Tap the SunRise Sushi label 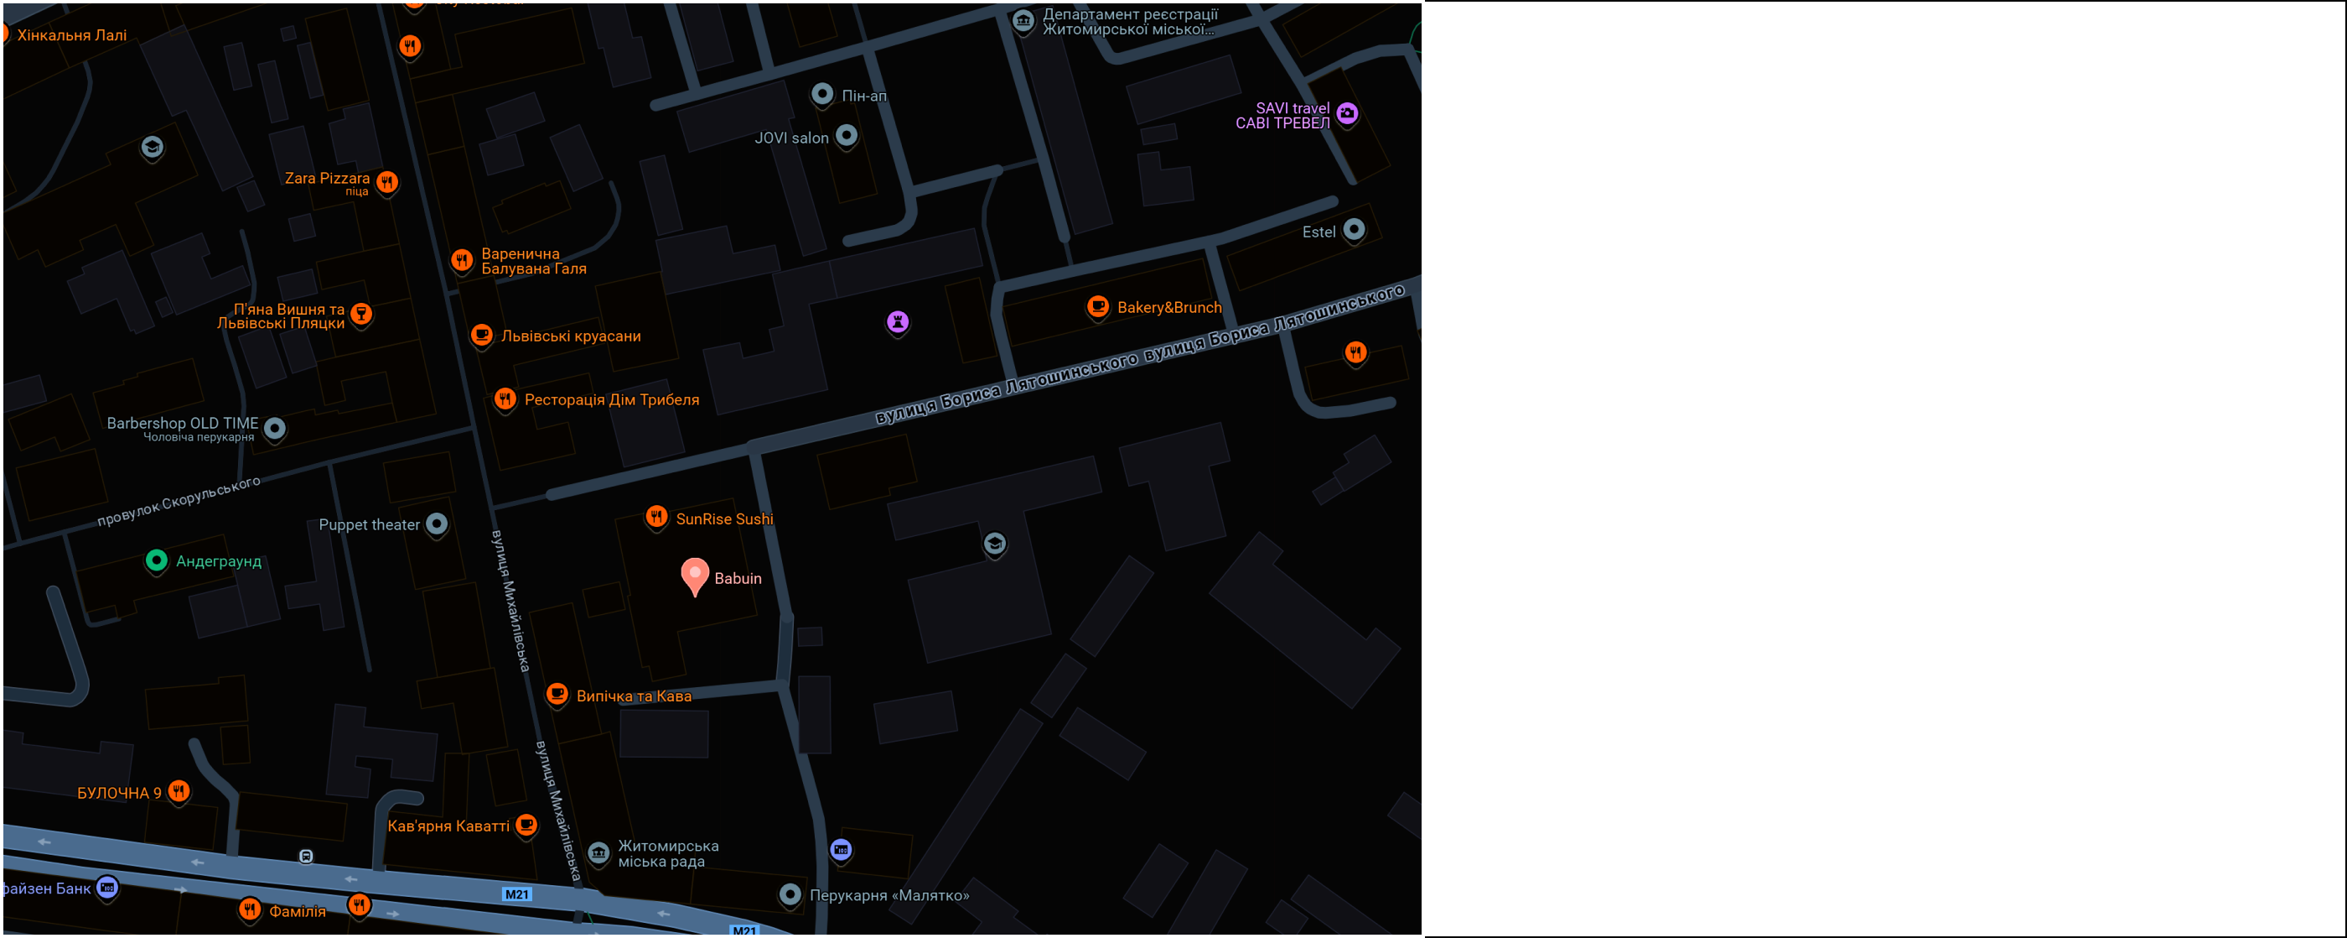(723, 519)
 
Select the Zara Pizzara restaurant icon (387, 181)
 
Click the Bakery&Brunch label (1169, 307)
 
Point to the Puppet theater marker (438, 524)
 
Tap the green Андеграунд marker (157, 560)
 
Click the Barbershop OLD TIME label (182, 423)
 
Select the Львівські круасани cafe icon (481, 336)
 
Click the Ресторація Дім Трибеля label (611, 399)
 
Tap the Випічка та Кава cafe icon (557, 695)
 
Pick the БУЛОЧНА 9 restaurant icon (179, 791)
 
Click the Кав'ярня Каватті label (448, 826)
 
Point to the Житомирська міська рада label (668, 853)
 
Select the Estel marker (1354, 230)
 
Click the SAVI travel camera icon (1348, 114)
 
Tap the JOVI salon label (790, 138)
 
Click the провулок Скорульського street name (179, 502)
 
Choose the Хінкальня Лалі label (71, 35)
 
